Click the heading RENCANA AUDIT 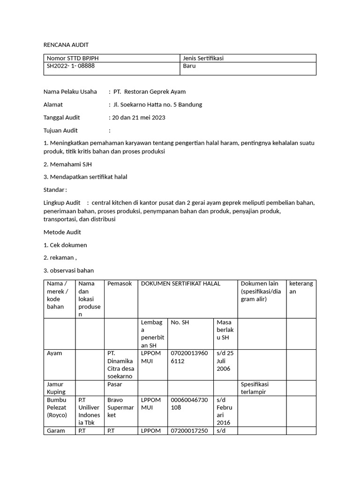(66, 45)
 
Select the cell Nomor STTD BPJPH (73, 58)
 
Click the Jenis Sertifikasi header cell (203, 58)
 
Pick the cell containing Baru (189, 66)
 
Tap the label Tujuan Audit (61, 130)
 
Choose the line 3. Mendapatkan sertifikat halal (85, 177)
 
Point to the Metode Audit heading (62, 232)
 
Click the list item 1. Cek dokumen (65, 245)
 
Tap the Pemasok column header (120, 284)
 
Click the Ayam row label (54, 353)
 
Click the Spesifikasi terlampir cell (255, 388)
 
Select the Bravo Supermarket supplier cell (120, 407)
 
